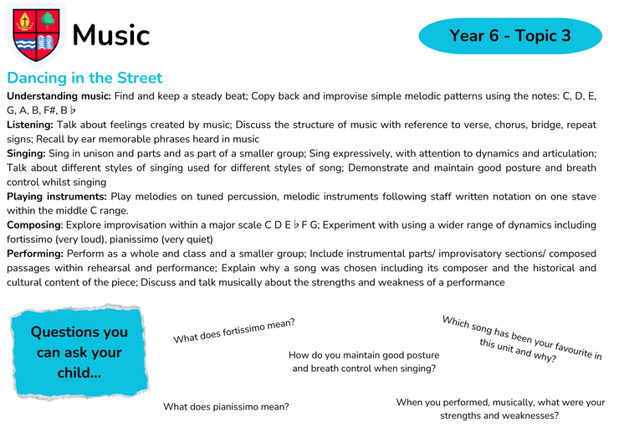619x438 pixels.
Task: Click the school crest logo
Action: tap(36, 35)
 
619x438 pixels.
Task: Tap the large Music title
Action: tap(111, 35)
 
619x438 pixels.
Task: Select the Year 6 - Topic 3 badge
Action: tap(510, 35)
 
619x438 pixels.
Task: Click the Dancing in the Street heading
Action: tap(84, 78)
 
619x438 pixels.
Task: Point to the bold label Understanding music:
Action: tap(59, 96)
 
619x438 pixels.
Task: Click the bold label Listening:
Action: tap(30, 125)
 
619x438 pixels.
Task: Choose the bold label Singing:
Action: tap(26, 153)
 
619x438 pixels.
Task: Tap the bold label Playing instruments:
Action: tap(57, 197)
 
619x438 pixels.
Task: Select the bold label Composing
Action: tap(34, 225)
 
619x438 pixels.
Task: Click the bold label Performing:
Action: tap(35, 254)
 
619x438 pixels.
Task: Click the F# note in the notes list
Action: tap(49, 111)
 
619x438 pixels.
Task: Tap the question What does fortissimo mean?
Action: tap(234, 331)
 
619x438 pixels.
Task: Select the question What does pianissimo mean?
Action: tap(226, 406)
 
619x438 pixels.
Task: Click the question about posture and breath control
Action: tap(364, 361)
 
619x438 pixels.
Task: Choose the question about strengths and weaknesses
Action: tap(500, 409)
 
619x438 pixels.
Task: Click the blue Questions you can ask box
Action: tap(79, 352)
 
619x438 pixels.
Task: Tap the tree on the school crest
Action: tap(48, 20)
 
